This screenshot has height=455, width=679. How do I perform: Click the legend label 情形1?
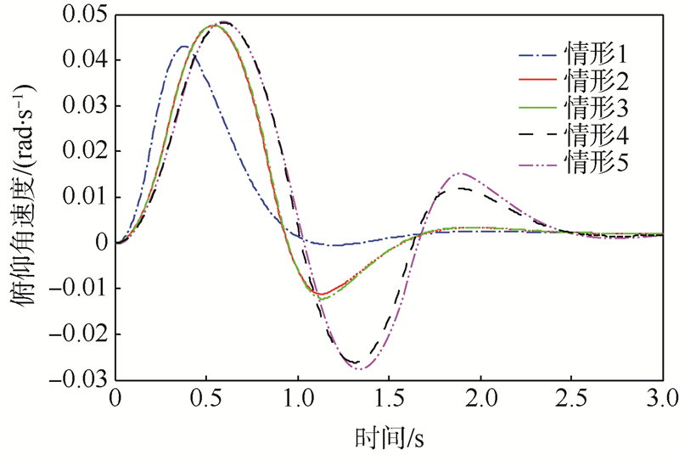point(595,57)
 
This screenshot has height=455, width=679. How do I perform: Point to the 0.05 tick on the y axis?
point(88,15)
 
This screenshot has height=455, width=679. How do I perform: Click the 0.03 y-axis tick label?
point(88,107)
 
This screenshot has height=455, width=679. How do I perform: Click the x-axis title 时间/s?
point(389,436)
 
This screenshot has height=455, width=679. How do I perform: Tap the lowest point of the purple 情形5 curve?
point(361,369)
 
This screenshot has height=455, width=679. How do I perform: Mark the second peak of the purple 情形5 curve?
point(461,173)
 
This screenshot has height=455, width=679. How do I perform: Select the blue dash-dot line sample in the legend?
point(538,58)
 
